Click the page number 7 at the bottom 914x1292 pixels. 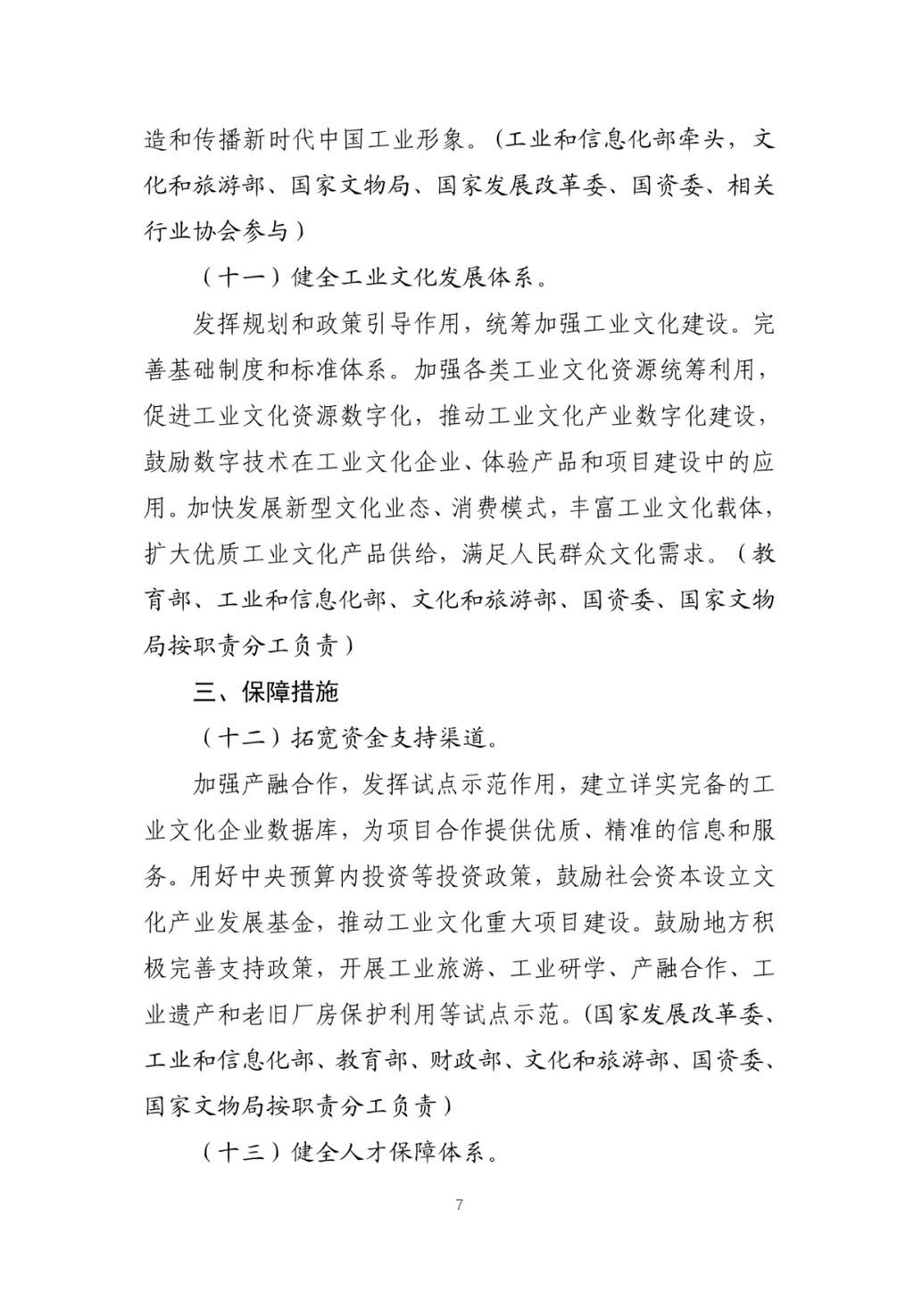458,1205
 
